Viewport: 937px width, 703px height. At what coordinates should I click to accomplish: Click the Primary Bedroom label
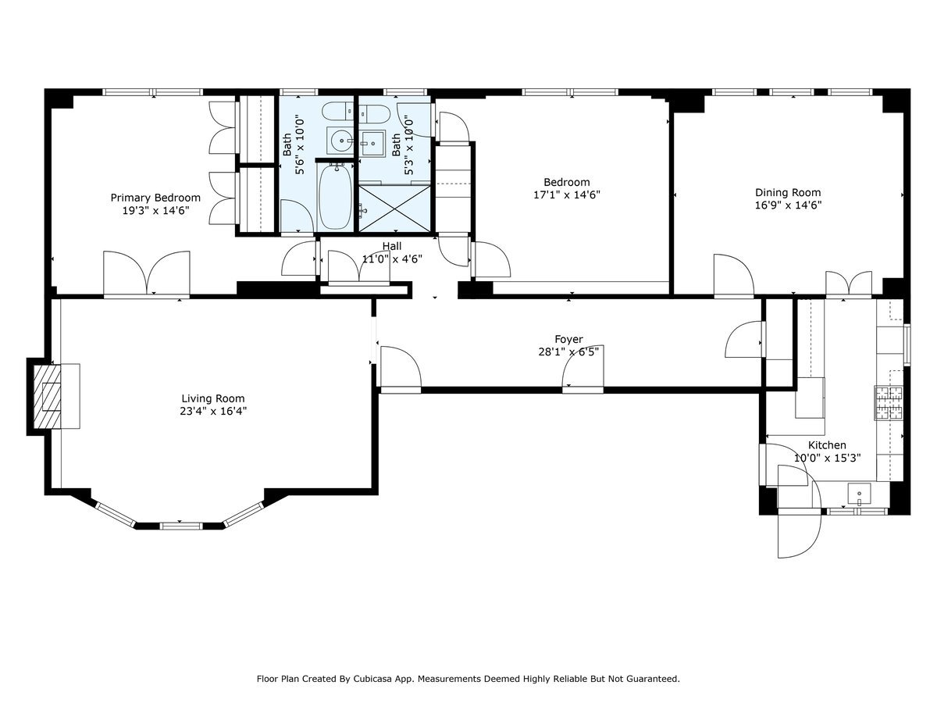coord(155,198)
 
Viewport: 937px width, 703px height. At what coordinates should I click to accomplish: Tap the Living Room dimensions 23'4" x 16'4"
coord(214,410)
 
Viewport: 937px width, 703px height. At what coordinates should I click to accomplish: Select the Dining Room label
coord(787,192)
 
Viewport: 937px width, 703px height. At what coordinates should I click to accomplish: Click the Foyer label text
coord(568,339)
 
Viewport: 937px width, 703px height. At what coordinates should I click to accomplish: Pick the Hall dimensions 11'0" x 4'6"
coord(392,259)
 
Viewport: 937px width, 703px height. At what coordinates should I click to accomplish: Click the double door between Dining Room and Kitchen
coord(849,284)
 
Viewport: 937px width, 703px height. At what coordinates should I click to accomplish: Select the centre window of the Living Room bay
coord(181,523)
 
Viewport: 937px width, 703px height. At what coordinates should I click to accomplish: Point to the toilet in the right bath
coord(373,113)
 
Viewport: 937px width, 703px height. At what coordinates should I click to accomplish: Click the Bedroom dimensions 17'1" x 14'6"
coord(567,194)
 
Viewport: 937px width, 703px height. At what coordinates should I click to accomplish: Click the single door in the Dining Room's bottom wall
coord(732,277)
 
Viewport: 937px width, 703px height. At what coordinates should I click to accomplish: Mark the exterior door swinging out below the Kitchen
coord(798,531)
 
